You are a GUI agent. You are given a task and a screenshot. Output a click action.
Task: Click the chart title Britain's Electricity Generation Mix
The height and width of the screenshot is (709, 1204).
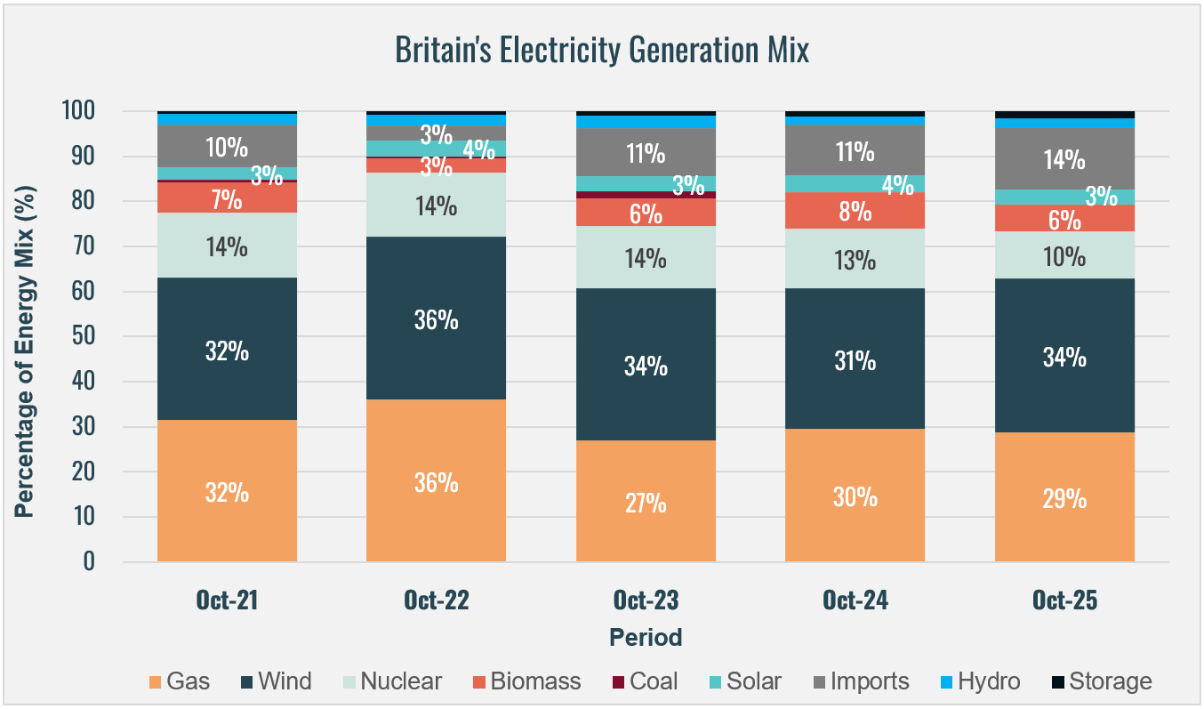tap(602, 51)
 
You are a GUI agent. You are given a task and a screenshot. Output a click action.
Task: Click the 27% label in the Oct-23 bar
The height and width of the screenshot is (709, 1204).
tap(646, 503)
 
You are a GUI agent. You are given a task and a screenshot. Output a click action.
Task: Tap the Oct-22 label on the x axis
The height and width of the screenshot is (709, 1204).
tap(436, 600)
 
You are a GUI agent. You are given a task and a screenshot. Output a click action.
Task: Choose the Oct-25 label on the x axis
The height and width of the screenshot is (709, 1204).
tap(1064, 600)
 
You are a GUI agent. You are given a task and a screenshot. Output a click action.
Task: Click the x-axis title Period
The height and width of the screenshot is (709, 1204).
tap(646, 637)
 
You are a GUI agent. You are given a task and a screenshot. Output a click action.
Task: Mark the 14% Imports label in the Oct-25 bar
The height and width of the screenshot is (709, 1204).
tap(1064, 160)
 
